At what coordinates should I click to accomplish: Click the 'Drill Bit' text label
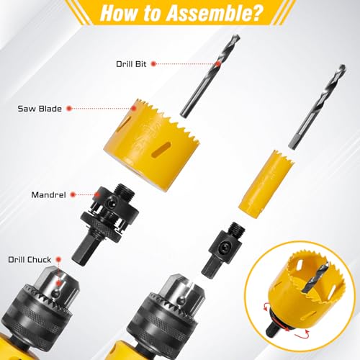[131, 64]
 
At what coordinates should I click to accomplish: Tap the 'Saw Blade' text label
[40, 109]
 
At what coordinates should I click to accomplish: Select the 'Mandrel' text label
[48, 195]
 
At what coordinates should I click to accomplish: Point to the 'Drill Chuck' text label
[30, 260]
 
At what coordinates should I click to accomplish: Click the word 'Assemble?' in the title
[213, 13]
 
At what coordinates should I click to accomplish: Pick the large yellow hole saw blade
[152, 145]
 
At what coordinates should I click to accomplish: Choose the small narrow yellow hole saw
[266, 184]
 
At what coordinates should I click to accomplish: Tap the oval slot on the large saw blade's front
[162, 150]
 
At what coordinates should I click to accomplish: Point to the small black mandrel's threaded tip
[236, 230]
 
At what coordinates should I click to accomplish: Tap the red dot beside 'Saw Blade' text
[69, 109]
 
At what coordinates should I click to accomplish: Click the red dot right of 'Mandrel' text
[73, 195]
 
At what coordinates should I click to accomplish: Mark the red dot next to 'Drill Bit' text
[153, 64]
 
